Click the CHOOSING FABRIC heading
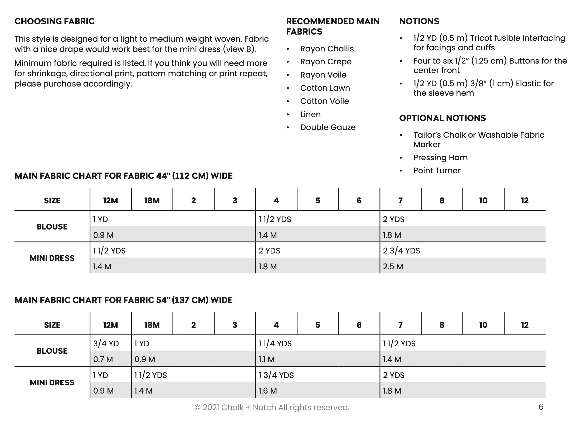coord(54,21)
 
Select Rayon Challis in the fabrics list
coord(327,49)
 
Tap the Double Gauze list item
coord(328,127)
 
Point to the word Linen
coord(310,114)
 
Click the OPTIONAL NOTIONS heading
coord(442,118)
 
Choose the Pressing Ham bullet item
coord(440,158)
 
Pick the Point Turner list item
coord(437,171)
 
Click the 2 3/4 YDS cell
coord(401,251)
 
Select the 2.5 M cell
coord(393,266)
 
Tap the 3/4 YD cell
coord(106,343)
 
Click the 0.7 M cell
coord(103,359)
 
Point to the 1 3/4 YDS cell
coord(276,375)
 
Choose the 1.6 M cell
coord(268,391)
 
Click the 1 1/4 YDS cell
coord(275,343)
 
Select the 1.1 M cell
coord(266,359)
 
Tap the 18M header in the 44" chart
coord(152,201)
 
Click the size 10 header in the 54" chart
coord(483,325)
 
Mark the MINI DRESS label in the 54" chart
coord(52,382)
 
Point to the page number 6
coord(541,407)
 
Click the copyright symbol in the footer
coord(197,408)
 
